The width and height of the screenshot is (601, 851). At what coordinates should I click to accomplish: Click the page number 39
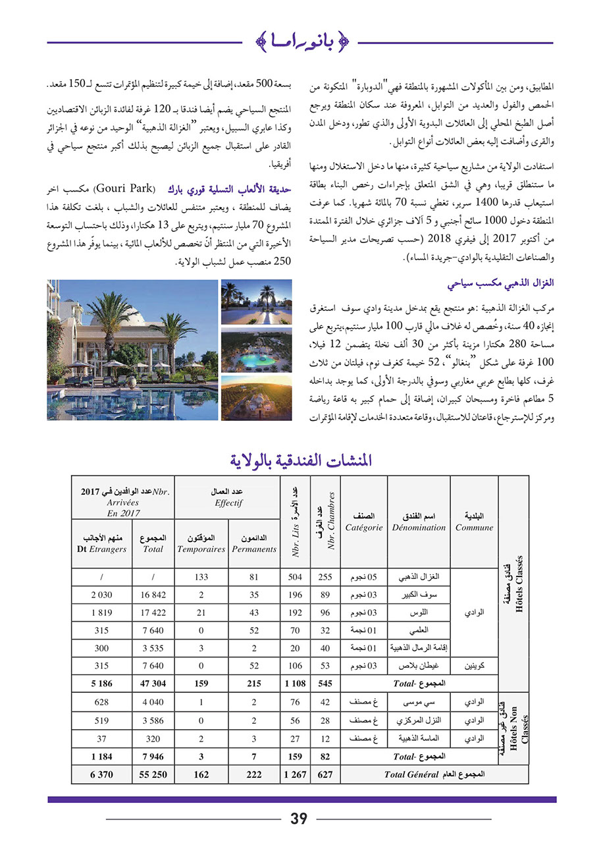click(x=299, y=819)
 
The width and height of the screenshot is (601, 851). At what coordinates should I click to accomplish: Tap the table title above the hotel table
click(x=301, y=460)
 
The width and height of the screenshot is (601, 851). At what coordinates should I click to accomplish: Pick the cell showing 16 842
click(x=153, y=595)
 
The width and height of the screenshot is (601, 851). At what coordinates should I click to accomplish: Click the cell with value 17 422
click(x=153, y=613)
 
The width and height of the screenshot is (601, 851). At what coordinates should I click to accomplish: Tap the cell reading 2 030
click(x=101, y=595)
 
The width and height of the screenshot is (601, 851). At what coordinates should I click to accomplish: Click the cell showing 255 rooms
click(x=325, y=577)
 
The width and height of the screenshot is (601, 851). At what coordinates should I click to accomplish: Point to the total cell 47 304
click(x=153, y=684)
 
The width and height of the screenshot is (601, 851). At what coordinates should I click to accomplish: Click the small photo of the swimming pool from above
click(x=256, y=350)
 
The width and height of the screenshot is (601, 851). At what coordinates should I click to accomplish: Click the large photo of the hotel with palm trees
click(x=132, y=350)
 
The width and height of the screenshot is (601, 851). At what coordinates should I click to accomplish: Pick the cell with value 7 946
click(x=153, y=757)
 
